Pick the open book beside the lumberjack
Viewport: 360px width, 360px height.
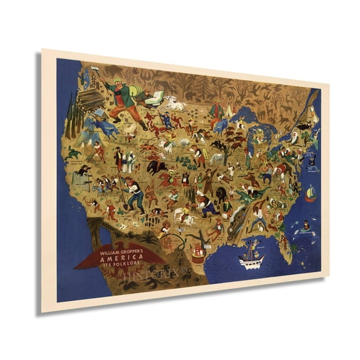pyautogui.click(x=154, y=97)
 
